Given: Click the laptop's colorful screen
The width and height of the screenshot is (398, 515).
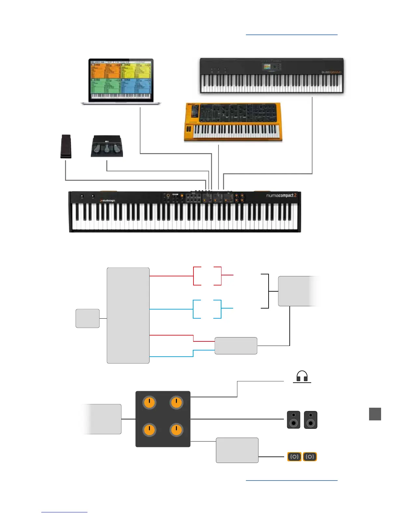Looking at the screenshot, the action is [x=121, y=80].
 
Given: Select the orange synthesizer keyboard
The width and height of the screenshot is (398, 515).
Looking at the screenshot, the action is [x=233, y=122].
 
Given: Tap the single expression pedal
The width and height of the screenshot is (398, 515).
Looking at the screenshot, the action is [x=66, y=147].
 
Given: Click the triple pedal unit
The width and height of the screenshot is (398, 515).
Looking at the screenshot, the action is [x=107, y=146].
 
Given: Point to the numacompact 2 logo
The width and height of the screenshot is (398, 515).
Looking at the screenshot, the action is [x=281, y=195].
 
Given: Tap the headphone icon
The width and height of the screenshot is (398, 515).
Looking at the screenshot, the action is [x=302, y=376].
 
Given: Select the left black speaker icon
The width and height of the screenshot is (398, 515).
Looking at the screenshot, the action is [x=294, y=420].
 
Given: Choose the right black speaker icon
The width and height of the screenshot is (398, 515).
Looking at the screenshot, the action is [x=311, y=420].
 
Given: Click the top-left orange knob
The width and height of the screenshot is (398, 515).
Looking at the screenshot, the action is [x=149, y=403].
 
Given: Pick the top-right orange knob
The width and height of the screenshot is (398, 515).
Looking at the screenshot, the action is [x=177, y=403].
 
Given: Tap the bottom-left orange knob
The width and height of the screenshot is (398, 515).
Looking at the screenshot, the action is [x=149, y=430].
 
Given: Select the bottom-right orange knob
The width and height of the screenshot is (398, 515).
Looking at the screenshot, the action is [x=177, y=430].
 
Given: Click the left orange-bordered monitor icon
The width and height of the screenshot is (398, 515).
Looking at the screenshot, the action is [x=294, y=457].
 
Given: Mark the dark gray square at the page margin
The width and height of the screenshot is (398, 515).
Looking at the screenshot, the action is [x=375, y=414].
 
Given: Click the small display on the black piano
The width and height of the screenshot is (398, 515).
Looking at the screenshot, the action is [x=267, y=67].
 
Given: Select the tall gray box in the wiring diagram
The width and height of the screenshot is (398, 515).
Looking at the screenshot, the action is [x=128, y=315].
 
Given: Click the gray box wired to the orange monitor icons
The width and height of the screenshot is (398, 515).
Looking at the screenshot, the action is [x=237, y=450].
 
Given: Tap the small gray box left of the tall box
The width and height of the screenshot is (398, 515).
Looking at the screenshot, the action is [x=87, y=318].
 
